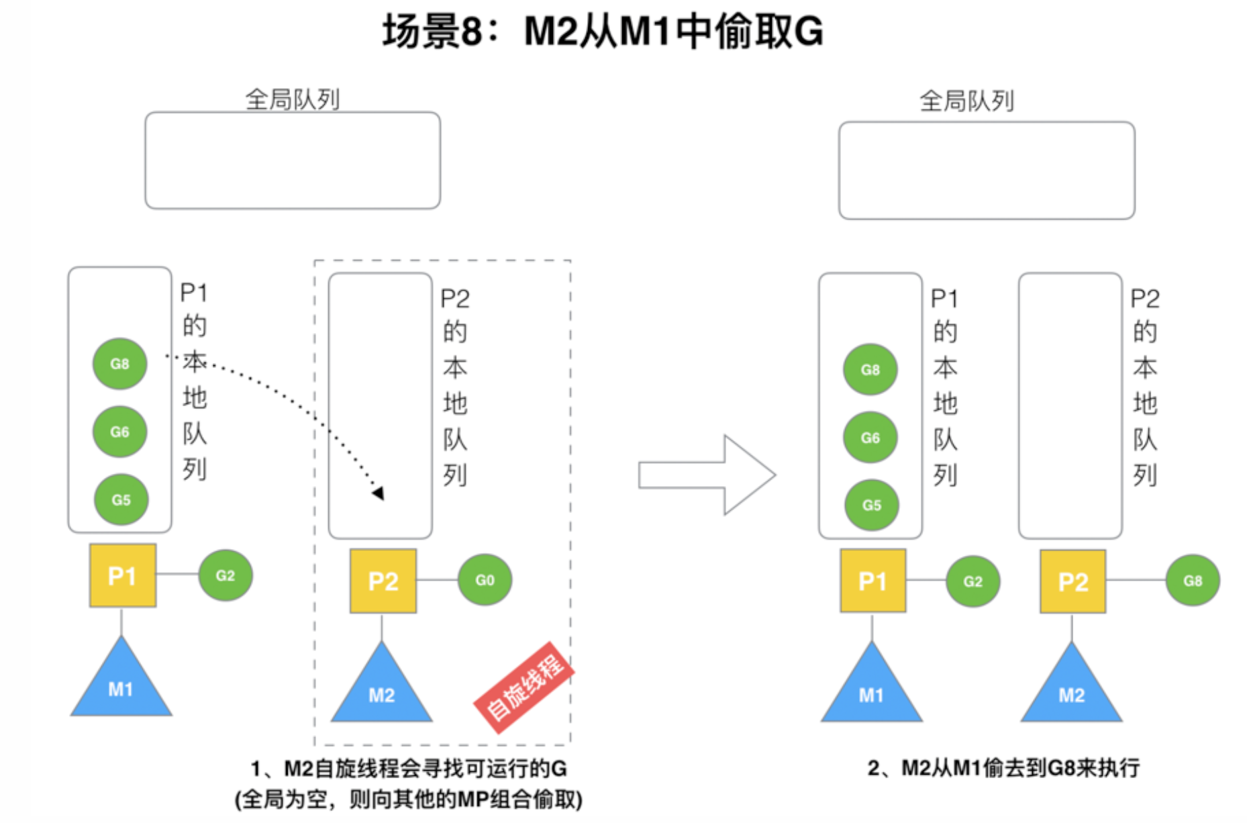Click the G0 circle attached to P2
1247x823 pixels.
(485, 580)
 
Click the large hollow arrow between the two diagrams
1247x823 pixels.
(707, 475)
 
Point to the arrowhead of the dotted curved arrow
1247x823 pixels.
(379, 493)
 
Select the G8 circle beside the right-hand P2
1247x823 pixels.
(1193, 581)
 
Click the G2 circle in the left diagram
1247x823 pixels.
(226, 575)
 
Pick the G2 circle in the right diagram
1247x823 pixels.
(973, 581)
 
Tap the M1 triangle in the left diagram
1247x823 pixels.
(121, 677)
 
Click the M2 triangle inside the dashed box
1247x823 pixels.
(382, 683)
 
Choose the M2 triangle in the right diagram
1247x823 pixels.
(1072, 683)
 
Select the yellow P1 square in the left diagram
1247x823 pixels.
(123, 575)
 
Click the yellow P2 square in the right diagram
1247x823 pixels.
(1073, 581)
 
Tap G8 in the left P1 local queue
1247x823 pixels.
(119, 364)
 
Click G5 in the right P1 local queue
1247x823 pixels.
(871, 505)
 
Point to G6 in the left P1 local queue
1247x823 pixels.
(119, 432)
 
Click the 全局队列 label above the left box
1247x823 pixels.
(293, 99)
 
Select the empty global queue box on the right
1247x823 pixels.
(987, 171)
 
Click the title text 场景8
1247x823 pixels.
(433, 32)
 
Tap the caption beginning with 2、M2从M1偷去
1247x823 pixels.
(1003, 767)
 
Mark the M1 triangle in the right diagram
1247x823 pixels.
(872, 683)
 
